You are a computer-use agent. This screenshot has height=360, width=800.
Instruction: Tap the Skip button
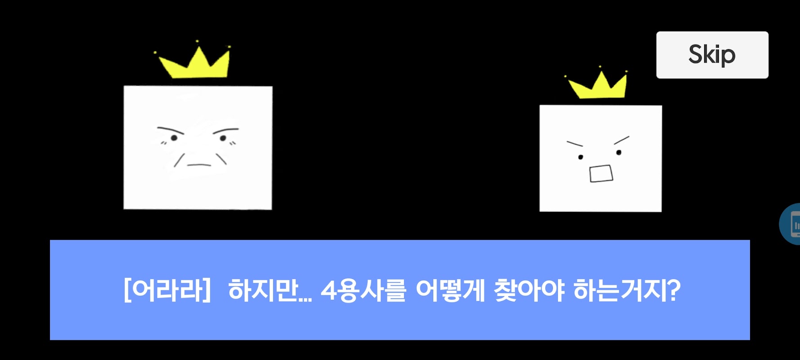click(712, 55)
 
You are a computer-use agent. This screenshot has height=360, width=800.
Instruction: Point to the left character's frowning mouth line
click(199, 165)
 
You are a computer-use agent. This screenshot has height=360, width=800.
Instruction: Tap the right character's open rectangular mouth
click(601, 174)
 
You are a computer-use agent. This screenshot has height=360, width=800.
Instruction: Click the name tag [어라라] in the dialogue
click(167, 290)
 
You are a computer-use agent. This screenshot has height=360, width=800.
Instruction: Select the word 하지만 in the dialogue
click(263, 290)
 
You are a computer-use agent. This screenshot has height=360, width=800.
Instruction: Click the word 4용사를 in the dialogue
click(364, 290)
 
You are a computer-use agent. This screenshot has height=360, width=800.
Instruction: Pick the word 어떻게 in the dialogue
click(450, 290)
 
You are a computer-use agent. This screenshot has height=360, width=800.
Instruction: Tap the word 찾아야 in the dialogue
click(529, 290)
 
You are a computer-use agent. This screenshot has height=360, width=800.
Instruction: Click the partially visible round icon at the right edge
click(790, 224)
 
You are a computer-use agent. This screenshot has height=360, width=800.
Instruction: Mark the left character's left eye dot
click(174, 138)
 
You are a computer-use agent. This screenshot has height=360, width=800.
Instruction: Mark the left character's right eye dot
click(223, 138)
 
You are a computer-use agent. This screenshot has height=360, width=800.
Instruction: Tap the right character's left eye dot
click(580, 157)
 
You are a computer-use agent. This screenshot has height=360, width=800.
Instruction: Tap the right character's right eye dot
click(619, 153)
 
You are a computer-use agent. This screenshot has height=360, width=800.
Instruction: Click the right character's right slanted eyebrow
click(621, 140)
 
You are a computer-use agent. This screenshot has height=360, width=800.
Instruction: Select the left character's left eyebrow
click(171, 130)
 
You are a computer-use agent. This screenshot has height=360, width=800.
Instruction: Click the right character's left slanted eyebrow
click(575, 144)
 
